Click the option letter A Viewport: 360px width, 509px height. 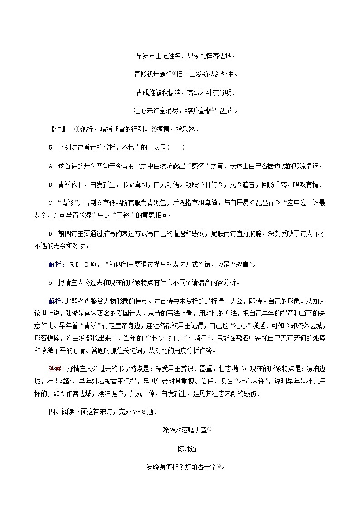(50, 166)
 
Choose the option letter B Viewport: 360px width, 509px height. (50, 184)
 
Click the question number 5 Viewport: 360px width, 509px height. (49, 147)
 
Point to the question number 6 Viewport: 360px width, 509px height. (49, 282)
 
